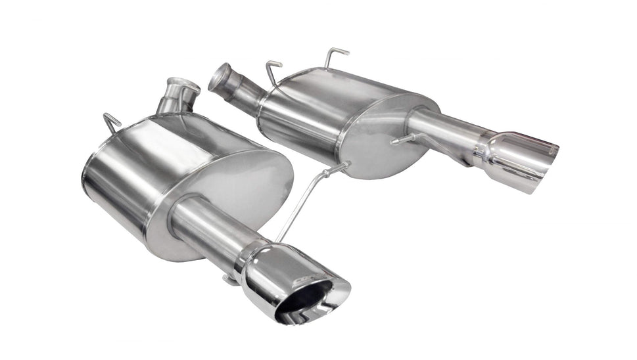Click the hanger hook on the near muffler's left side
[x=112, y=122]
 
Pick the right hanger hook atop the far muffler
[x=335, y=55]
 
